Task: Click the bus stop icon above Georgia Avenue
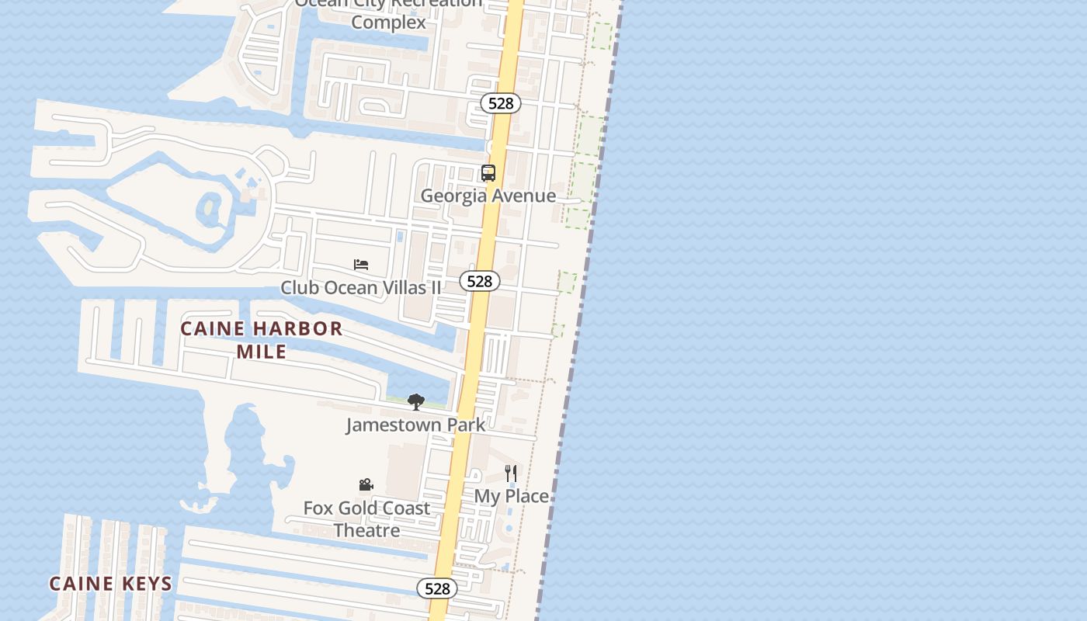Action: click(488, 173)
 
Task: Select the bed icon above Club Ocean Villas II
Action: click(361, 265)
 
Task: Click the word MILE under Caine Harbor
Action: click(262, 352)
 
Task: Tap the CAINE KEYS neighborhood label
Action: click(111, 584)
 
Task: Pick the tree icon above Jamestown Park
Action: click(416, 402)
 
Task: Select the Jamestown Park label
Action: click(415, 425)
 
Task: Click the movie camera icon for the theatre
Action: click(366, 485)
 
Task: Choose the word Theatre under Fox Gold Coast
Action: click(366, 531)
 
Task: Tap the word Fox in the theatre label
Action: click(318, 508)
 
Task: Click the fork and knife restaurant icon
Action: click(511, 474)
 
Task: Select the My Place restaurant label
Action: click(512, 496)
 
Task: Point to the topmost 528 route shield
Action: click(501, 103)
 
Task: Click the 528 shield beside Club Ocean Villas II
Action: click(480, 281)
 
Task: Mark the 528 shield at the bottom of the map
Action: click(437, 588)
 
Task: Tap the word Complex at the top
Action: click(388, 23)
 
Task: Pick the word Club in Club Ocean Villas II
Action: click(299, 288)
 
